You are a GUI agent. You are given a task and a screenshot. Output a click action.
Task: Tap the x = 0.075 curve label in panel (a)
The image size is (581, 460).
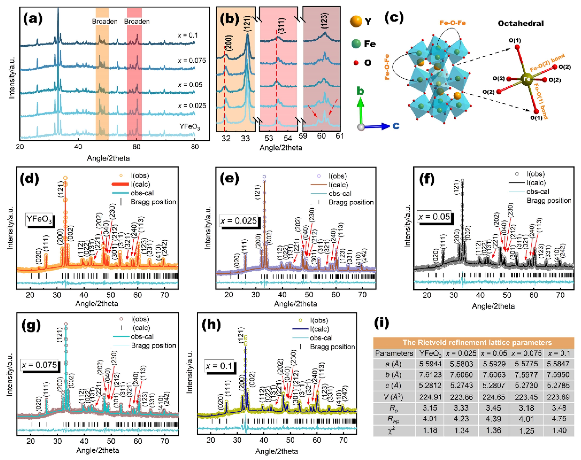(x=191, y=61)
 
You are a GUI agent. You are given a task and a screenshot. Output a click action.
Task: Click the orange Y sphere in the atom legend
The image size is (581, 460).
(x=356, y=21)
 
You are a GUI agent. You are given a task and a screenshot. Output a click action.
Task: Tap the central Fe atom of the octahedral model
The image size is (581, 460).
(x=527, y=79)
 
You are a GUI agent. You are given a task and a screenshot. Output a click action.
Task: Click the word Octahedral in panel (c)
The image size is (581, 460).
(x=520, y=24)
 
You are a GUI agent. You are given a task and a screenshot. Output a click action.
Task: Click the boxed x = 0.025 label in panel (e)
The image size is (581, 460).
(x=238, y=221)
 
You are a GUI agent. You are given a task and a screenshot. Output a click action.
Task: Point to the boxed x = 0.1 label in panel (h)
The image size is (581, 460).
(x=219, y=366)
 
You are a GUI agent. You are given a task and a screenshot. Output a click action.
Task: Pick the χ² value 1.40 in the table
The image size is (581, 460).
(x=559, y=430)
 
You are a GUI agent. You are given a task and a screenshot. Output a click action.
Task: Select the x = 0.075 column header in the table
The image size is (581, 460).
(x=526, y=353)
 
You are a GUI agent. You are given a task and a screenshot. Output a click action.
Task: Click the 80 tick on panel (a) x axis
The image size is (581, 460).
(x=195, y=147)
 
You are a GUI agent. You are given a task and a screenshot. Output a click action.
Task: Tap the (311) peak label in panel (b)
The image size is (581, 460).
(x=281, y=26)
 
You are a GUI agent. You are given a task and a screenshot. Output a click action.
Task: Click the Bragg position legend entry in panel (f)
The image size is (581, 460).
(x=549, y=201)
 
